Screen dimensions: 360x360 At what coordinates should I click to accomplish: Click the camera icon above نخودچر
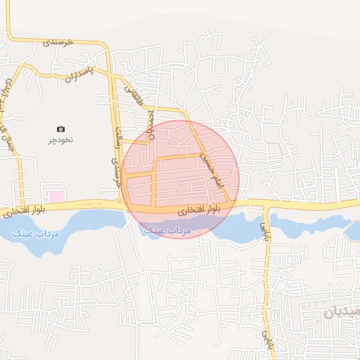tap(60, 129)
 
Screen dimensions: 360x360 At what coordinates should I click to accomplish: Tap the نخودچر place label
tap(60, 140)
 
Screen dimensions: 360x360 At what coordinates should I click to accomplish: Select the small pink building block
tap(55, 194)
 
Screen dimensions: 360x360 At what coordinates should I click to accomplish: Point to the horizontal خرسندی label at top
tap(58, 42)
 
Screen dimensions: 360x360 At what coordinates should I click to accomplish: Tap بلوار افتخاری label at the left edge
tap(25, 210)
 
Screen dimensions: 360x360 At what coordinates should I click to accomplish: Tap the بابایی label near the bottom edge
tap(266, 341)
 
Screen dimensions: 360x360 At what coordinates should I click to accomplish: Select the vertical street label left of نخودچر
tap(8, 105)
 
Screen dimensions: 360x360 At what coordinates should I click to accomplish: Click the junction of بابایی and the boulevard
tap(265, 205)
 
